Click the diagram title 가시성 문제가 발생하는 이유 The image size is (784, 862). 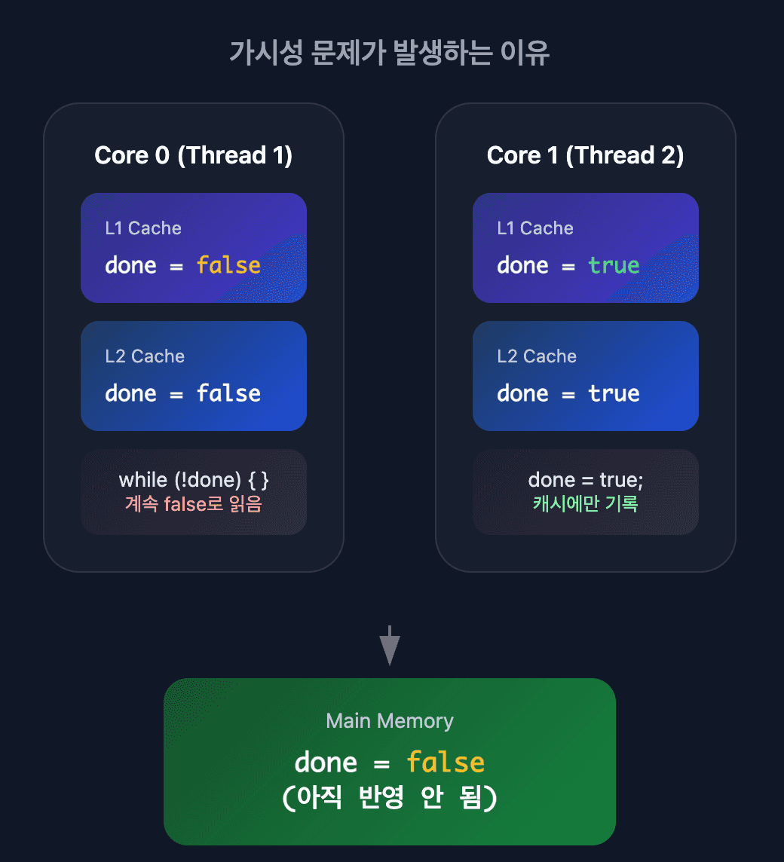pyautogui.click(x=390, y=53)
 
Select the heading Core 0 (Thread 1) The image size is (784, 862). pyautogui.click(x=193, y=155)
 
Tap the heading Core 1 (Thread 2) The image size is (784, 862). pyautogui.click(x=586, y=155)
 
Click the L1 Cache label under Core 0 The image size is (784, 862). pyautogui.click(x=143, y=228)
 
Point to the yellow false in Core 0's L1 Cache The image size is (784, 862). pyautogui.click(x=229, y=265)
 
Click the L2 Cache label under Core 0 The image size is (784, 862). pyautogui.click(x=145, y=356)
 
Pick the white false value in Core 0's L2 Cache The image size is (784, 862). pyautogui.click(x=229, y=393)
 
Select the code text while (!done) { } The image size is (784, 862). pyautogui.click(x=194, y=480)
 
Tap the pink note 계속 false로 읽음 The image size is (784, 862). pyautogui.click(x=194, y=503)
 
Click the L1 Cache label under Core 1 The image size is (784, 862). pyautogui.click(x=535, y=228)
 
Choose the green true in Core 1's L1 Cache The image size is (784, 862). pyautogui.click(x=614, y=265)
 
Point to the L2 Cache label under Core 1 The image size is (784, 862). pyautogui.click(x=537, y=356)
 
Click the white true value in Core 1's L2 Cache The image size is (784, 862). pyautogui.click(x=614, y=393)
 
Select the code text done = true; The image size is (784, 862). pyautogui.click(x=586, y=480)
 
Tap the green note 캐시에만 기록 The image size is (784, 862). pyautogui.click(x=586, y=503)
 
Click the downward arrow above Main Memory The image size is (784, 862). pyautogui.click(x=390, y=646)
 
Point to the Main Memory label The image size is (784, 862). pyautogui.click(x=390, y=720)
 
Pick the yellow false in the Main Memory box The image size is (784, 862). pyautogui.click(x=446, y=762)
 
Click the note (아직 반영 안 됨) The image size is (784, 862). pyautogui.click(x=390, y=797)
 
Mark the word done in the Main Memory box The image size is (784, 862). pyautogui.click(x=326, y=763)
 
